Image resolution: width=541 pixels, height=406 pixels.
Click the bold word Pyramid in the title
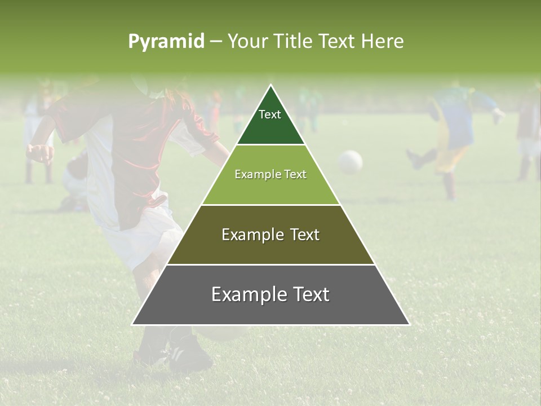tap(166, 41)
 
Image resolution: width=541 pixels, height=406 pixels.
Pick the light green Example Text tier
tap(270, 175)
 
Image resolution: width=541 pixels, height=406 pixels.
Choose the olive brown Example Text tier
tap(270, 235)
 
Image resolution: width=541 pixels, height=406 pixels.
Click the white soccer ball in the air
tap(350, 162)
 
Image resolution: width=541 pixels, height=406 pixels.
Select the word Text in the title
tap(338, 41)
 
